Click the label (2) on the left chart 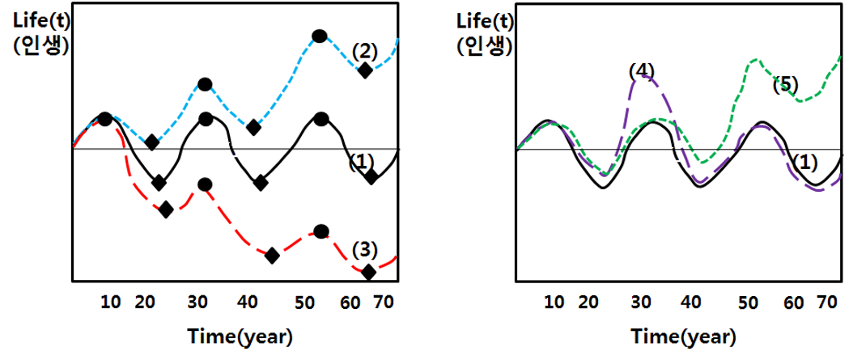tap(365, 51)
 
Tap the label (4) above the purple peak tap(641, 70)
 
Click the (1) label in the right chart tap(804, 162)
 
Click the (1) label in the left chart tap(361, 162)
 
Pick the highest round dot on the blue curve tap(320, 36)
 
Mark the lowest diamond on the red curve tap(368, 272)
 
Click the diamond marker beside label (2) tap(365, 70)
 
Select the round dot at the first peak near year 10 tap(104, 119)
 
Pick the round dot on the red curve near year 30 tap(205, 184)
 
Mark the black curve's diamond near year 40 tap(261, 183)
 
